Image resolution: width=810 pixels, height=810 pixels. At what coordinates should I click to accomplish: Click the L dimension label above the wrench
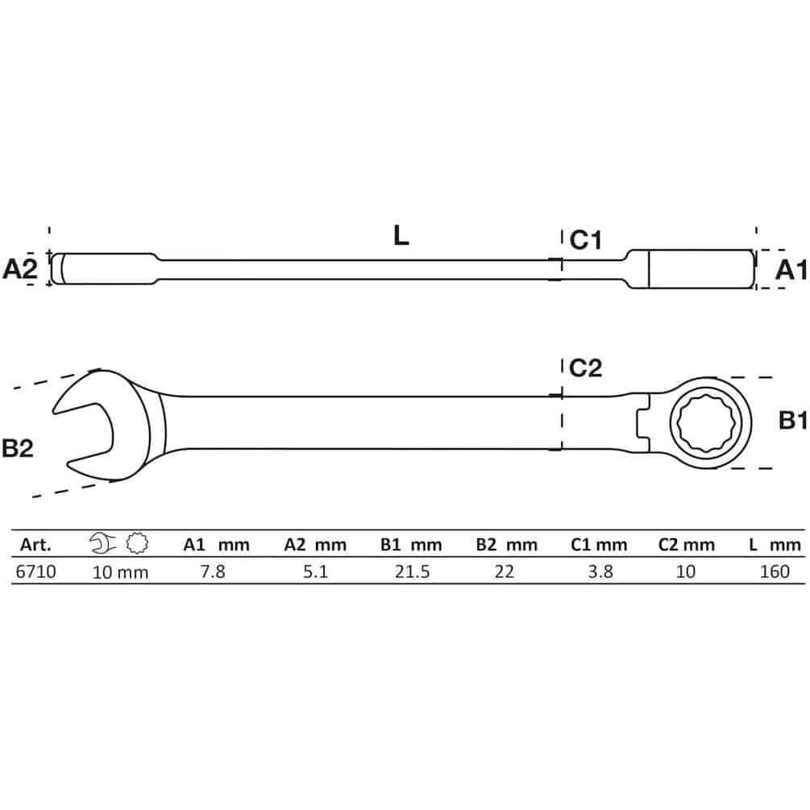pyautogui.click(x=401, y=235)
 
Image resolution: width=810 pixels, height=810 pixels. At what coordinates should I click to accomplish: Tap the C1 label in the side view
pyautogui.click(x=585, y=240)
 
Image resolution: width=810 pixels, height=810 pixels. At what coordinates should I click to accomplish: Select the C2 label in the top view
pyautogui.click(x=585, y=368)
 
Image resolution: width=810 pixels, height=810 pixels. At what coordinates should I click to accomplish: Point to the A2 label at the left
pyautogui.click(x=20, y=268)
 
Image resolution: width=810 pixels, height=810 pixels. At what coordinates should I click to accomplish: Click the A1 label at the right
pyautogui.click(x=791, y=270)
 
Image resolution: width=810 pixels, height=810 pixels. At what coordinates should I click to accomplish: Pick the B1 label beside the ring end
pyautogui.click(x=793, y=421)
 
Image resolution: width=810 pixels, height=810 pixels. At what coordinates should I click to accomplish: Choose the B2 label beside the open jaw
pyautogui.click(x=18, y=448)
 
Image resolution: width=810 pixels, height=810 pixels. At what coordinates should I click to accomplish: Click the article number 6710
pyautogui.click(x=35, y=572)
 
